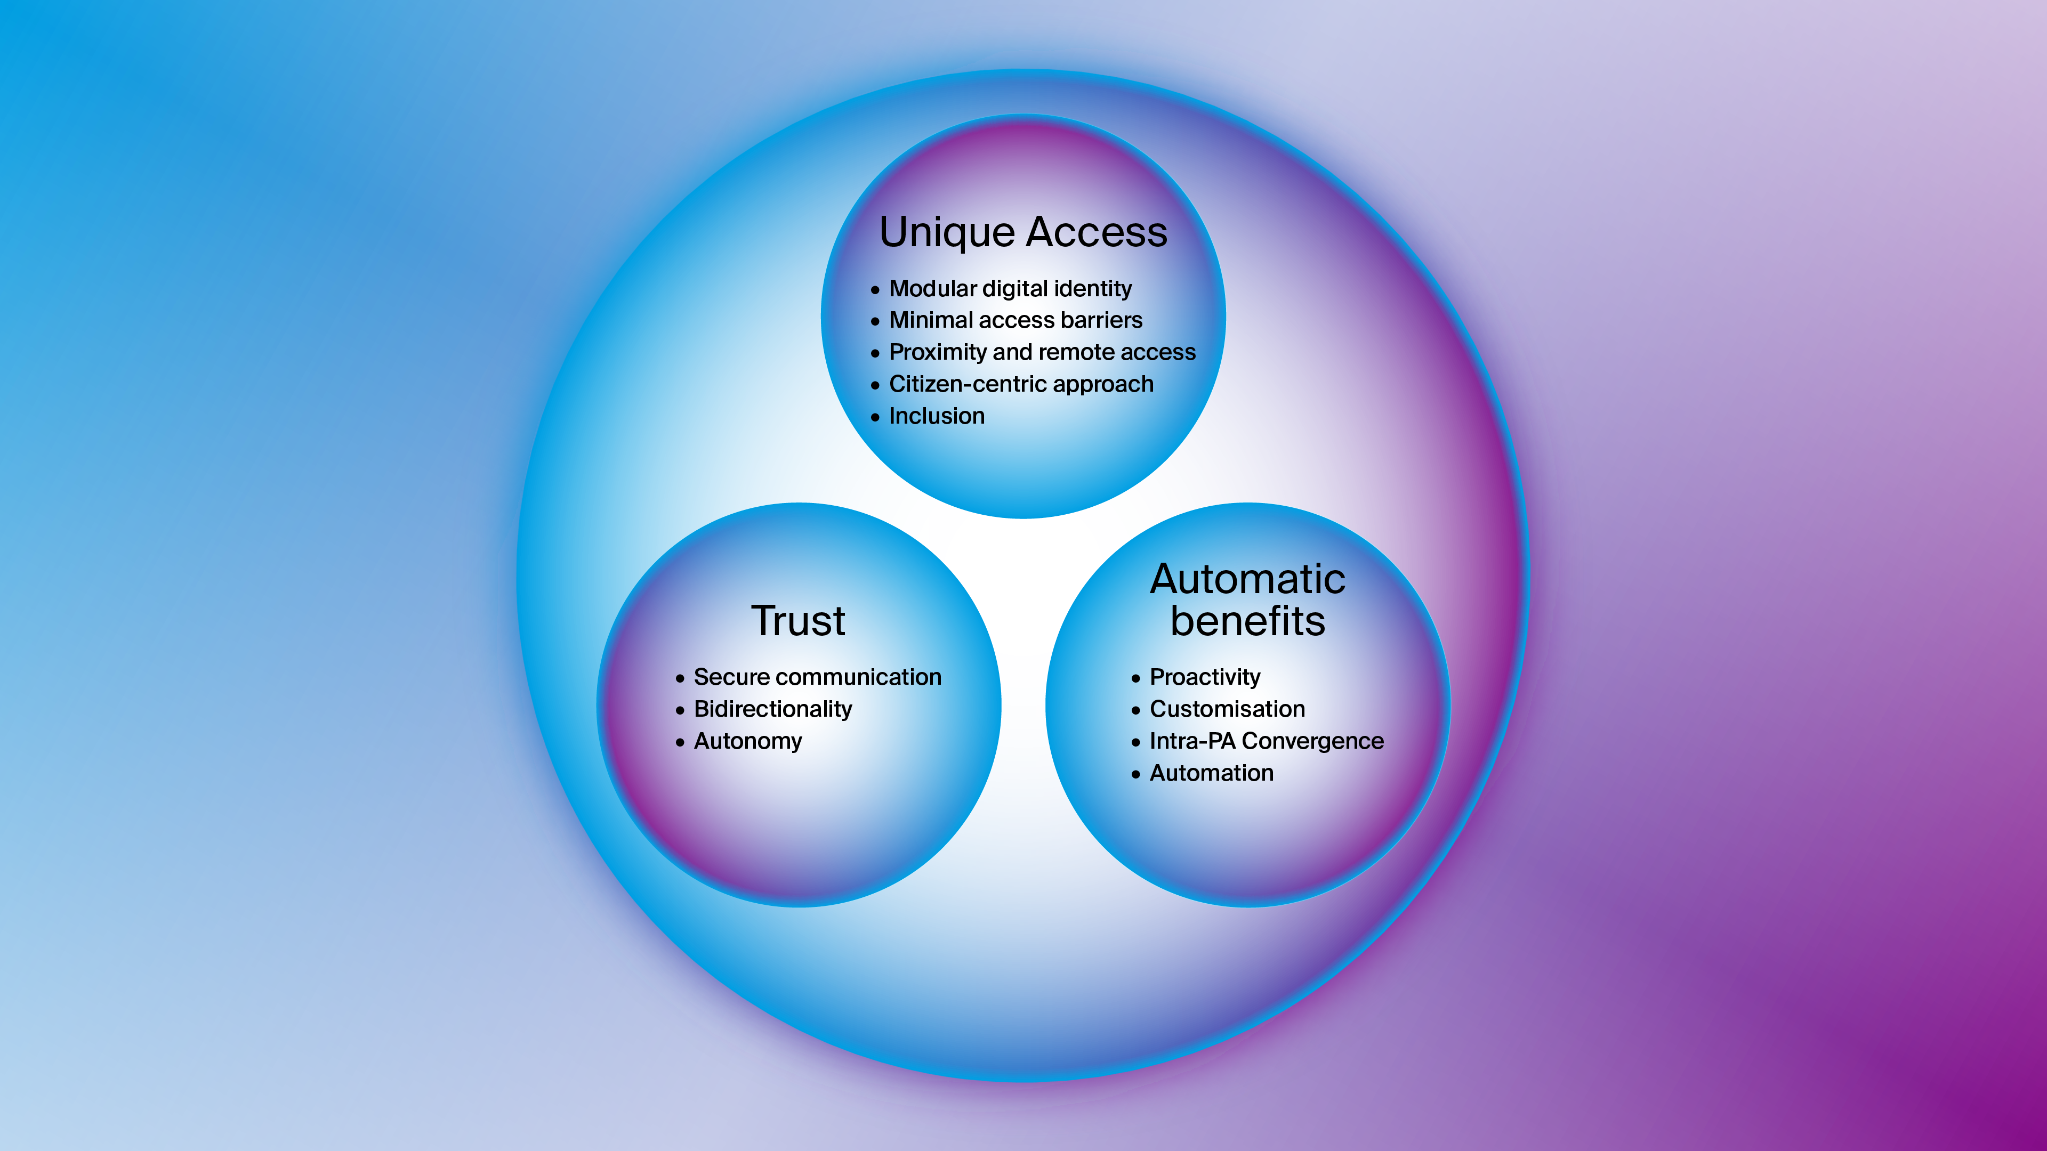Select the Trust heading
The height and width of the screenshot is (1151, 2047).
pyautogui.click(x=798, y=621)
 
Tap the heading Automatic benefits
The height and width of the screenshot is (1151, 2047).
pyautogui.click(x=1247, y=599)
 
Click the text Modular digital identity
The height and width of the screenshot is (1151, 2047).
pyautogui.click(x=1010, y=288)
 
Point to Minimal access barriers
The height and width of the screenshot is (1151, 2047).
pyautogui.click(x=1015, y=320)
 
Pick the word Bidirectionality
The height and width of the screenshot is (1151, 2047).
pyautogui.click(x=772, y=709)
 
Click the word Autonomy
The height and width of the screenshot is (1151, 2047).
pyautogui.click(x=748, y=741)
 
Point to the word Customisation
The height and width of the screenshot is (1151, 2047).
pyautogui.click(x=1227, y=709)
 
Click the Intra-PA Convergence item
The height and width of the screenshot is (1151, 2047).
pyautogui.click(x=1266, y=741)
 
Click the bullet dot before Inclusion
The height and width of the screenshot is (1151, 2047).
pyautogui.click(x=875, y=418)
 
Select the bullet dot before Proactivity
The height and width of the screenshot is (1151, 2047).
pyautogui.click(x=1135, y=678)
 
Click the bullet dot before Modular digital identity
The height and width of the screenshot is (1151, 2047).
pyautogui.click(x=875, y=290)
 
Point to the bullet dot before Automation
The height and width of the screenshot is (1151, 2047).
pyautogui.click(x=1135, y=774)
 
